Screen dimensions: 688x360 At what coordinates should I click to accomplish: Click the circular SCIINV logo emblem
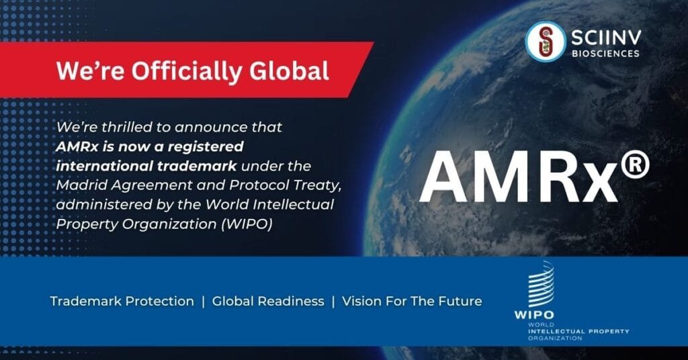coord(546,42)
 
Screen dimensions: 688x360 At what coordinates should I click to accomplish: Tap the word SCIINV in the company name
coord(606,38)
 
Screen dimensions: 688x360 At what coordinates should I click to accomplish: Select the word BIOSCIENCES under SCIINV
coord(605,54)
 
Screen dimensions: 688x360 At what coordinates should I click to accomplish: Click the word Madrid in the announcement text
coord(82,185)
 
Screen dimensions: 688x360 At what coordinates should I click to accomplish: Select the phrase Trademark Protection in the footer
coord(122,302)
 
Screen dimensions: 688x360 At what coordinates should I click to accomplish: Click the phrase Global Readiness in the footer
coord(268,302)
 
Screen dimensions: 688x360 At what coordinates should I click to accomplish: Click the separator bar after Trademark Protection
coord(203,302)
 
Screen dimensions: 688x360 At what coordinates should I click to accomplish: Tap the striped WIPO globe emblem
coord(541,284)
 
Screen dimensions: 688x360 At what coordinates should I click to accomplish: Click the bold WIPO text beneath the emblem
coord(534,315)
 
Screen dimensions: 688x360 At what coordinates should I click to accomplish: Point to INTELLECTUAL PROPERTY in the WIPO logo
coord(578,331)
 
